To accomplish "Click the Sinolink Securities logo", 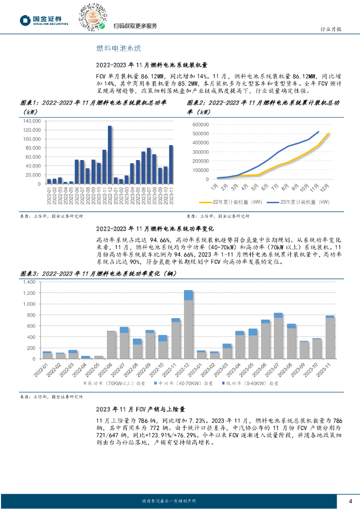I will point(44,19).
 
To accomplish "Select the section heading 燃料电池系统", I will point(119,48).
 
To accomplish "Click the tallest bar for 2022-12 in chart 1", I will point(110,155).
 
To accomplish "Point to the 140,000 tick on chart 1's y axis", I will point(31,121).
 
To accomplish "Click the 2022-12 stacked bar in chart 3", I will point(188,325).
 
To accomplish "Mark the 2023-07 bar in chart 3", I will point(278,336).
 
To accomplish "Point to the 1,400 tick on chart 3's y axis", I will point(29,282).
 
